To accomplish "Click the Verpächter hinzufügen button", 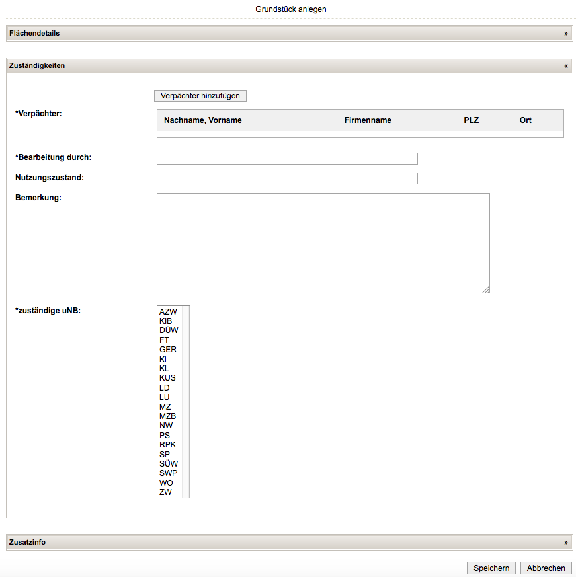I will (200, 96).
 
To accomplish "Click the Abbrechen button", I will (546, 568).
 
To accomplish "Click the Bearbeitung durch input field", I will (287, 159).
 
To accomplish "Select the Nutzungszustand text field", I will (287, 178).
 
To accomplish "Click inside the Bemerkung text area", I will (323, 243).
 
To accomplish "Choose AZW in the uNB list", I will (169, 311).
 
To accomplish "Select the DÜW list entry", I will (169, 330).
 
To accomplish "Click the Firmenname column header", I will (368, 120).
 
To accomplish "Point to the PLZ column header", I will (472, 120).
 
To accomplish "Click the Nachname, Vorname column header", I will (203, 120).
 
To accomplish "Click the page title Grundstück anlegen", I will (291, 9).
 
